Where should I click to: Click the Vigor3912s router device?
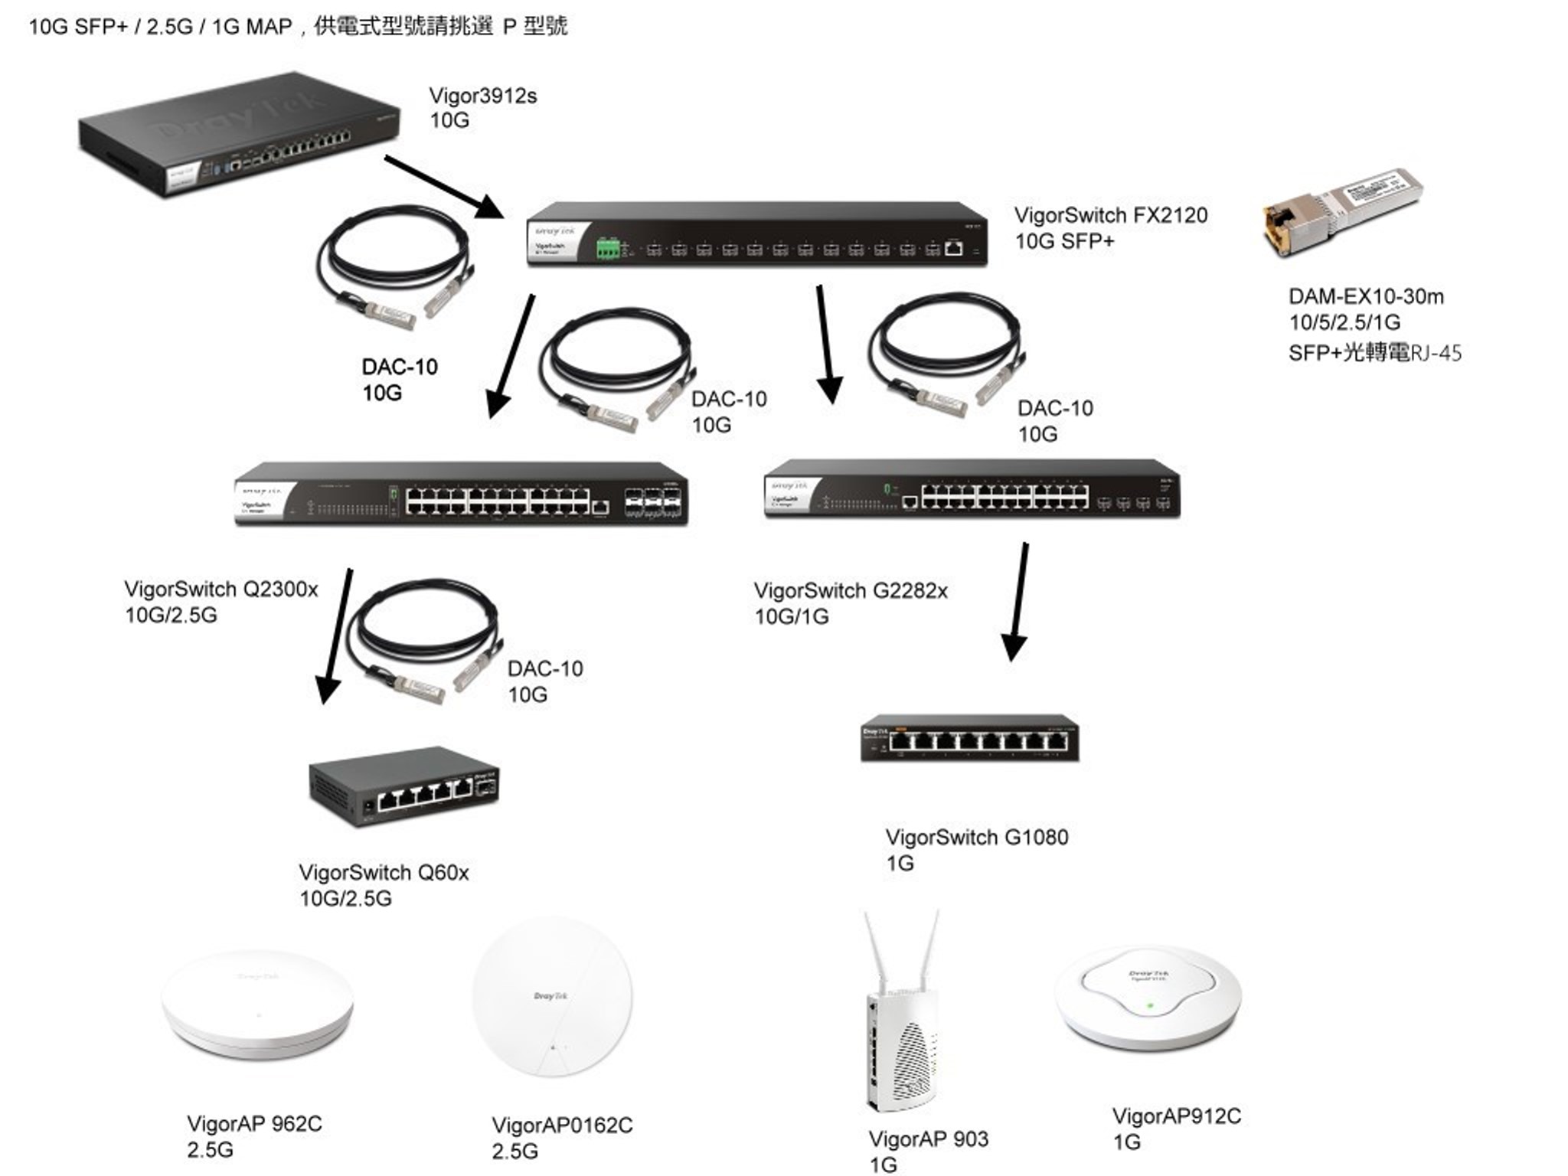click(x=239, y=136)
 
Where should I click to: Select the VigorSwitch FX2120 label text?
click(x=1110, y=216)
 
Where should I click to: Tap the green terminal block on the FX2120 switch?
click(x=608, y=249)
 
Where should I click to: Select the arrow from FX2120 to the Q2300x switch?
click(x=511, y=356)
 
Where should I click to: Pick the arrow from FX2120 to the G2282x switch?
click(x=825, y=344)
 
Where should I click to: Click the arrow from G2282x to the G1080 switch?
click(x=1019, y=601)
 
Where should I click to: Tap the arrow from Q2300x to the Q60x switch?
click(x=337, y=635)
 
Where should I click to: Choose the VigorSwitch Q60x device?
click(x=404, y=786)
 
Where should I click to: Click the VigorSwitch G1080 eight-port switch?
click(x=969, y=738)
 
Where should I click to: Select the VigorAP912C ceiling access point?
click(x=1148, y=997)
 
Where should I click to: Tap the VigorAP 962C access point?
click(x=257, y=1004)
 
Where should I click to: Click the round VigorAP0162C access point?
click(x=552, y=997)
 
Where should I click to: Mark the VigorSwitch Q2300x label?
click(x=220, y=590)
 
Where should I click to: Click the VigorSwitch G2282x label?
click(x=850, y=591)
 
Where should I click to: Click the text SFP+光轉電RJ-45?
click(x=1374, y=353)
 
